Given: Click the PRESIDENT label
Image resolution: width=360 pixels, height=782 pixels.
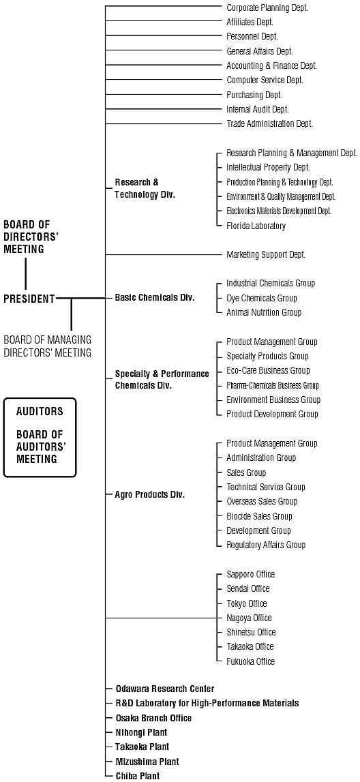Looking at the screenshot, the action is pos(29,299).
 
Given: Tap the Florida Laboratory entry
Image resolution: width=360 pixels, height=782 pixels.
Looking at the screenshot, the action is pos(256,226).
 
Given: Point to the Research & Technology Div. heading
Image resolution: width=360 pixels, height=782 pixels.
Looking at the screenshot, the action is pos(145,189).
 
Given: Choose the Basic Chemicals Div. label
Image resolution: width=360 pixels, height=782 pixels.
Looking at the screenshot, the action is pos(155,298).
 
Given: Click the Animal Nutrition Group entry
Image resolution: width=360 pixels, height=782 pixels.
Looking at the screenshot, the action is pos(264,313).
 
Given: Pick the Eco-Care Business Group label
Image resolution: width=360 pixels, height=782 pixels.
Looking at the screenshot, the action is pos(268,371).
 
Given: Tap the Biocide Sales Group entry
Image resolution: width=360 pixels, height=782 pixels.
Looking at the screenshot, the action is pos(259,516).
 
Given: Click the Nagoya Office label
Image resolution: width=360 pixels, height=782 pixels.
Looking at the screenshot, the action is pos(250,618).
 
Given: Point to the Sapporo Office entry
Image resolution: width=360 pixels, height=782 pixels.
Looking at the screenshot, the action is pos(250,575).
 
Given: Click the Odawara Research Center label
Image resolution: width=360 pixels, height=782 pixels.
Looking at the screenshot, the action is pos(165,689).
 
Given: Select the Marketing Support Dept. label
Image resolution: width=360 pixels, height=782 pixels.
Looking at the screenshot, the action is pos(266,255).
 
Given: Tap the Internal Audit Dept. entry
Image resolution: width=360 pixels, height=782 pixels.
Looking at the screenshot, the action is pos(258,109).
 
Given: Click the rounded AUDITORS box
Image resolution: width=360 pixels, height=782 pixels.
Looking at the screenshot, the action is pos(40,398).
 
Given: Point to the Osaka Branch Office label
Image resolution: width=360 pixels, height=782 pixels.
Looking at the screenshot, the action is pos(153,718).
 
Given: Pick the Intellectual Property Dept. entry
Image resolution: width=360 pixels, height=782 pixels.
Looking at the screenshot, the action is pos(268,168).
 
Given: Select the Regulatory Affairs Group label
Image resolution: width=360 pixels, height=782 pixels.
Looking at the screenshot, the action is pos(266,545).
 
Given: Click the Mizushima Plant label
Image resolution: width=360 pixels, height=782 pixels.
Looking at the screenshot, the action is pos(147,762).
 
